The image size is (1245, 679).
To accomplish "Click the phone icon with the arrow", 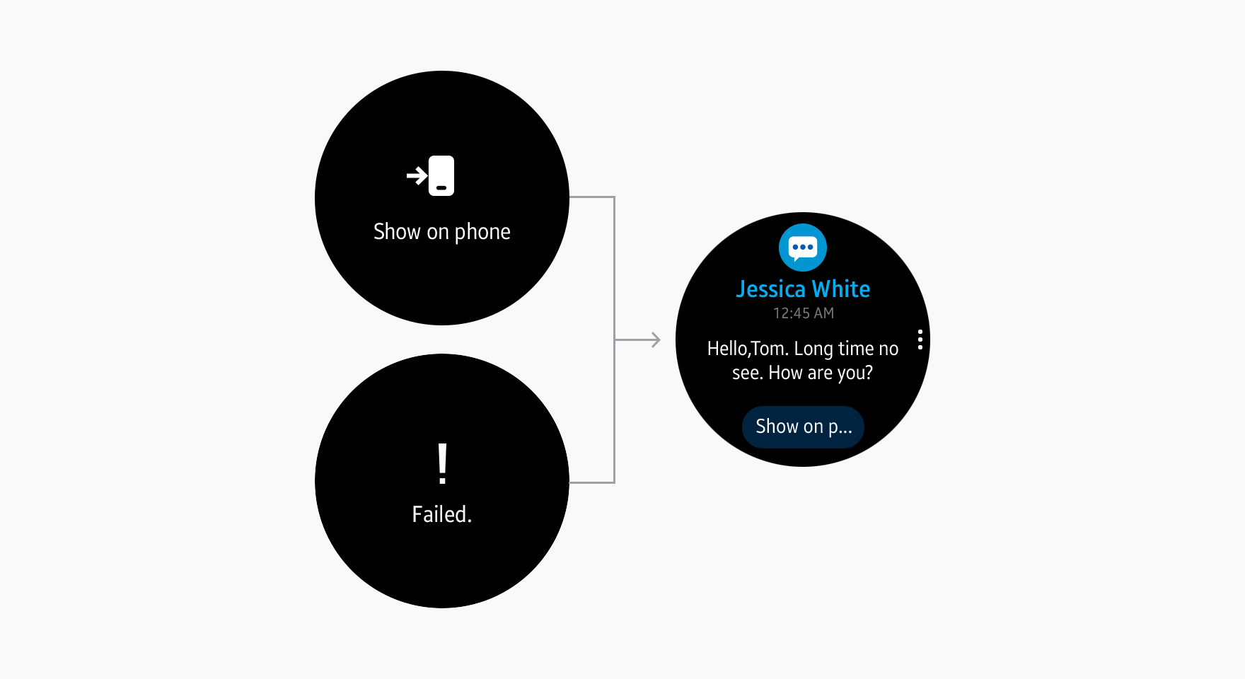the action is tap(431, 175).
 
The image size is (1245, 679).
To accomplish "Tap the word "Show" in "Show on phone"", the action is tap(397, 231).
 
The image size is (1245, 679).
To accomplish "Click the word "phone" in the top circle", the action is tap(482, 232).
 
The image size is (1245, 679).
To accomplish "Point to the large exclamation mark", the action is tap(442, 464).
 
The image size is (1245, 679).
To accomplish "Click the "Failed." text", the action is tap(442, 514).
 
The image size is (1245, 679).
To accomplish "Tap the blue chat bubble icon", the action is tap(803, 248).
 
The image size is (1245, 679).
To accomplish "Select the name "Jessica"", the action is tap(771, 289).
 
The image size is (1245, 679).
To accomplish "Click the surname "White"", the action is tap(841, 289).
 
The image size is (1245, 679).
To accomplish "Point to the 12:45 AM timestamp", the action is tap(804, 313).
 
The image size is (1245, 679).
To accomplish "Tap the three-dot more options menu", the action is tap(920, 339).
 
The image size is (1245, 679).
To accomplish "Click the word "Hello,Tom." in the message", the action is tap(748, 349).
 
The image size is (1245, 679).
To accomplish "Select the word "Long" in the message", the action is tap(813, 349).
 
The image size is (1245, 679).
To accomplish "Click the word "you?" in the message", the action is tap(855, 373).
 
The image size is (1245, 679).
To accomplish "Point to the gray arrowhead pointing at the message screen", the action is tap(656, 340).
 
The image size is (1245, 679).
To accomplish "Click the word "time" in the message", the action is tap(856, 349).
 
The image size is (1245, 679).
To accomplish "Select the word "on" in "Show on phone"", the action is tap(438, 233).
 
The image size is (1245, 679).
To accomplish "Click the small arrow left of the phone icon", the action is tap(417, 175).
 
